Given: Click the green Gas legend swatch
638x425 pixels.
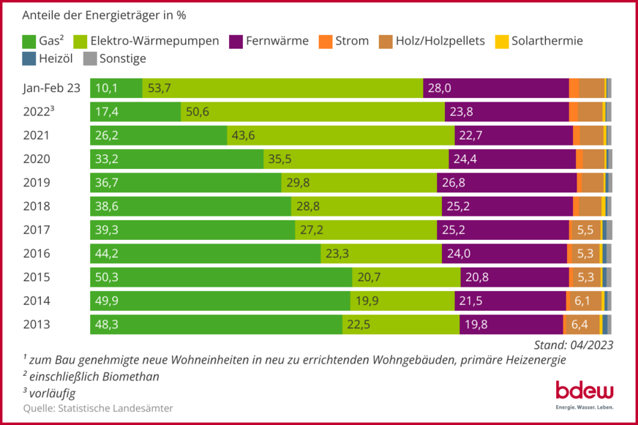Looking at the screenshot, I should click(29, 41).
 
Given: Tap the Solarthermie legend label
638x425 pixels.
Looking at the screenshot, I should click(547, 41).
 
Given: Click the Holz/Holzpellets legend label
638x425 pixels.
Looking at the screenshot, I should click(440, 41).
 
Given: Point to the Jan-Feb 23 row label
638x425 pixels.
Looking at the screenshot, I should click(51, 88).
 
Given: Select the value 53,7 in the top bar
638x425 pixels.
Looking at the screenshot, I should click(159, 88).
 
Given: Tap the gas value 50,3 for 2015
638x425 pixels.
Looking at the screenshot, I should click(106, 277).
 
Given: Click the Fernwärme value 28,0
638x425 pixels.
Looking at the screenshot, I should click(439, 88).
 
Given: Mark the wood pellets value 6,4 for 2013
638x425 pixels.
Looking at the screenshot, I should click(579, 325).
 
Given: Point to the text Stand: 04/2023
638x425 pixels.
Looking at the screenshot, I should click(568, 345).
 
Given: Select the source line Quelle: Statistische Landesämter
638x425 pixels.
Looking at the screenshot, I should click(98, 408).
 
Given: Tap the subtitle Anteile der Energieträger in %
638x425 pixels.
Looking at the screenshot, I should click(109, 15).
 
